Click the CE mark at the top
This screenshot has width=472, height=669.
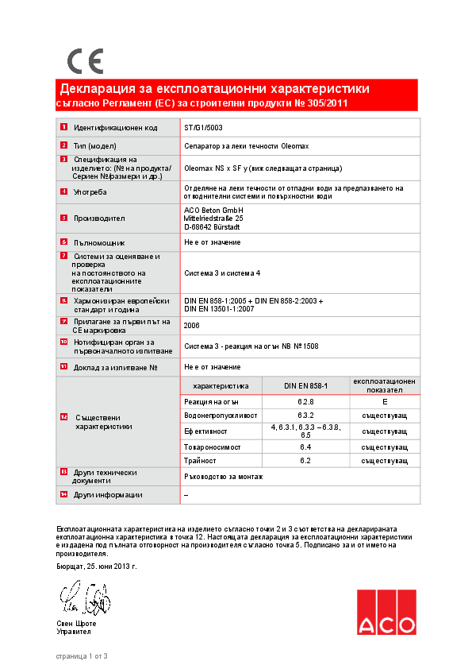click(x=84, y=61)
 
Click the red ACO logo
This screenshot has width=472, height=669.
click(x=386, y=612)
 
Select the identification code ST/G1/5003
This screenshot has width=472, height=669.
click(x=203, y=127)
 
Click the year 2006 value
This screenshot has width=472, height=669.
click(x=191, y=325)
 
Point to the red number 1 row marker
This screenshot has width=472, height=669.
click(x=63, y=128)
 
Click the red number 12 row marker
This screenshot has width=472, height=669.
click(x=63, y=417)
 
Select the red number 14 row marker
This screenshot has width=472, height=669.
click(x=63, y=494)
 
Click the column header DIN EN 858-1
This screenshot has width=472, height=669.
click(x=305, y=385)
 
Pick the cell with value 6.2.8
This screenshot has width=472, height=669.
click(x=305, y=402)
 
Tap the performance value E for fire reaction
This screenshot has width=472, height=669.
click(x=384, y=402)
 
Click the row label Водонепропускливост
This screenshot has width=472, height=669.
click(x=221, y=416)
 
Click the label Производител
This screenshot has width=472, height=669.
click(x=99, y=218)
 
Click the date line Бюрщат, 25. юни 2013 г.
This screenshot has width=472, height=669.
click(x=96, y=567)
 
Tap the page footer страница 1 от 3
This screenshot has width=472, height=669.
click(x=81, y=655)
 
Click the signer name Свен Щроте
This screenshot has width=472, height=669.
click(x=76, y=623)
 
